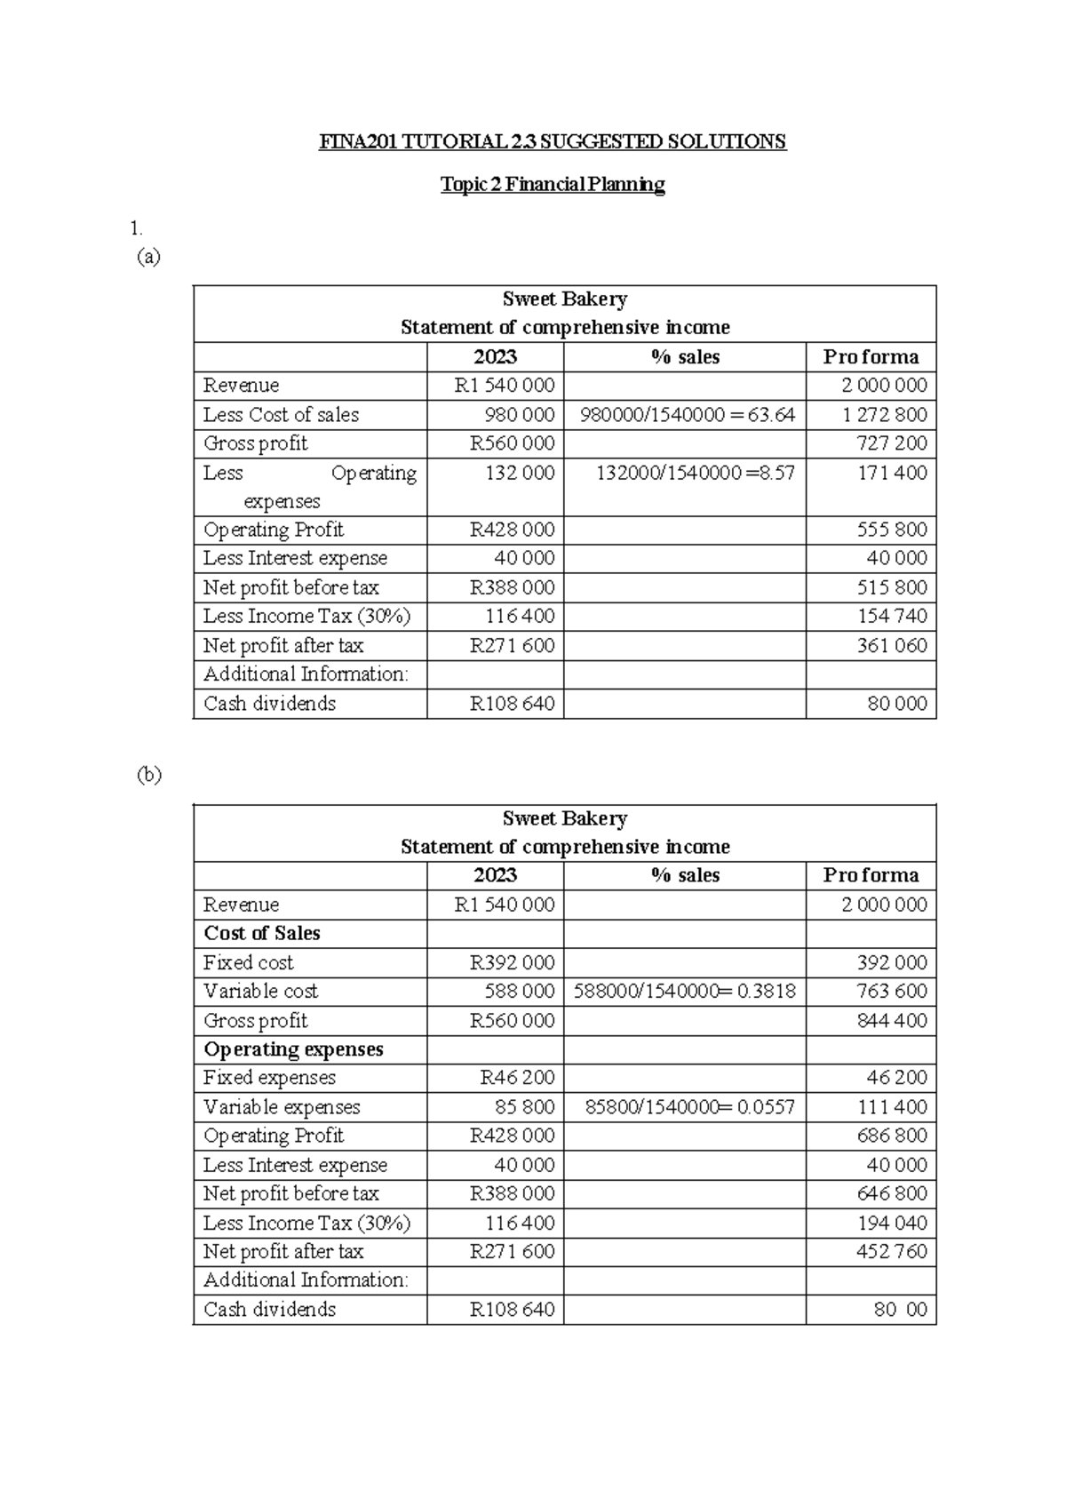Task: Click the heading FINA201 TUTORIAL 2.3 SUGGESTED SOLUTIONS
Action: coord(553,142)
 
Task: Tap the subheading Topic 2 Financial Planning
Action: coord(553,185)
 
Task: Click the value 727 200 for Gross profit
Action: coord(891,443)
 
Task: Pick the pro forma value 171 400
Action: coord(891,473)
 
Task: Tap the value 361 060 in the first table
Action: coord(891,646)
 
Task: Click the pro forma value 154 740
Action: coord(891,617)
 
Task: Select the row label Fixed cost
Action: coord(248,963)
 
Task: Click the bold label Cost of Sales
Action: coord(262,934)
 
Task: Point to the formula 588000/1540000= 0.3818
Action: coord(684,992)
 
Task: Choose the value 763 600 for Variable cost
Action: coord(891,992)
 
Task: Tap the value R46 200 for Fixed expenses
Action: coord(517,1078)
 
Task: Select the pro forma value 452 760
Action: coord(891,1252)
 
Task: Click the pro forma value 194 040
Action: coord(891,1224)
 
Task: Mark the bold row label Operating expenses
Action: coord(293,1049)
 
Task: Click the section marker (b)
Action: coord(148,775)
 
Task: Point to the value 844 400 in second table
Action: coord(891,1021)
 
